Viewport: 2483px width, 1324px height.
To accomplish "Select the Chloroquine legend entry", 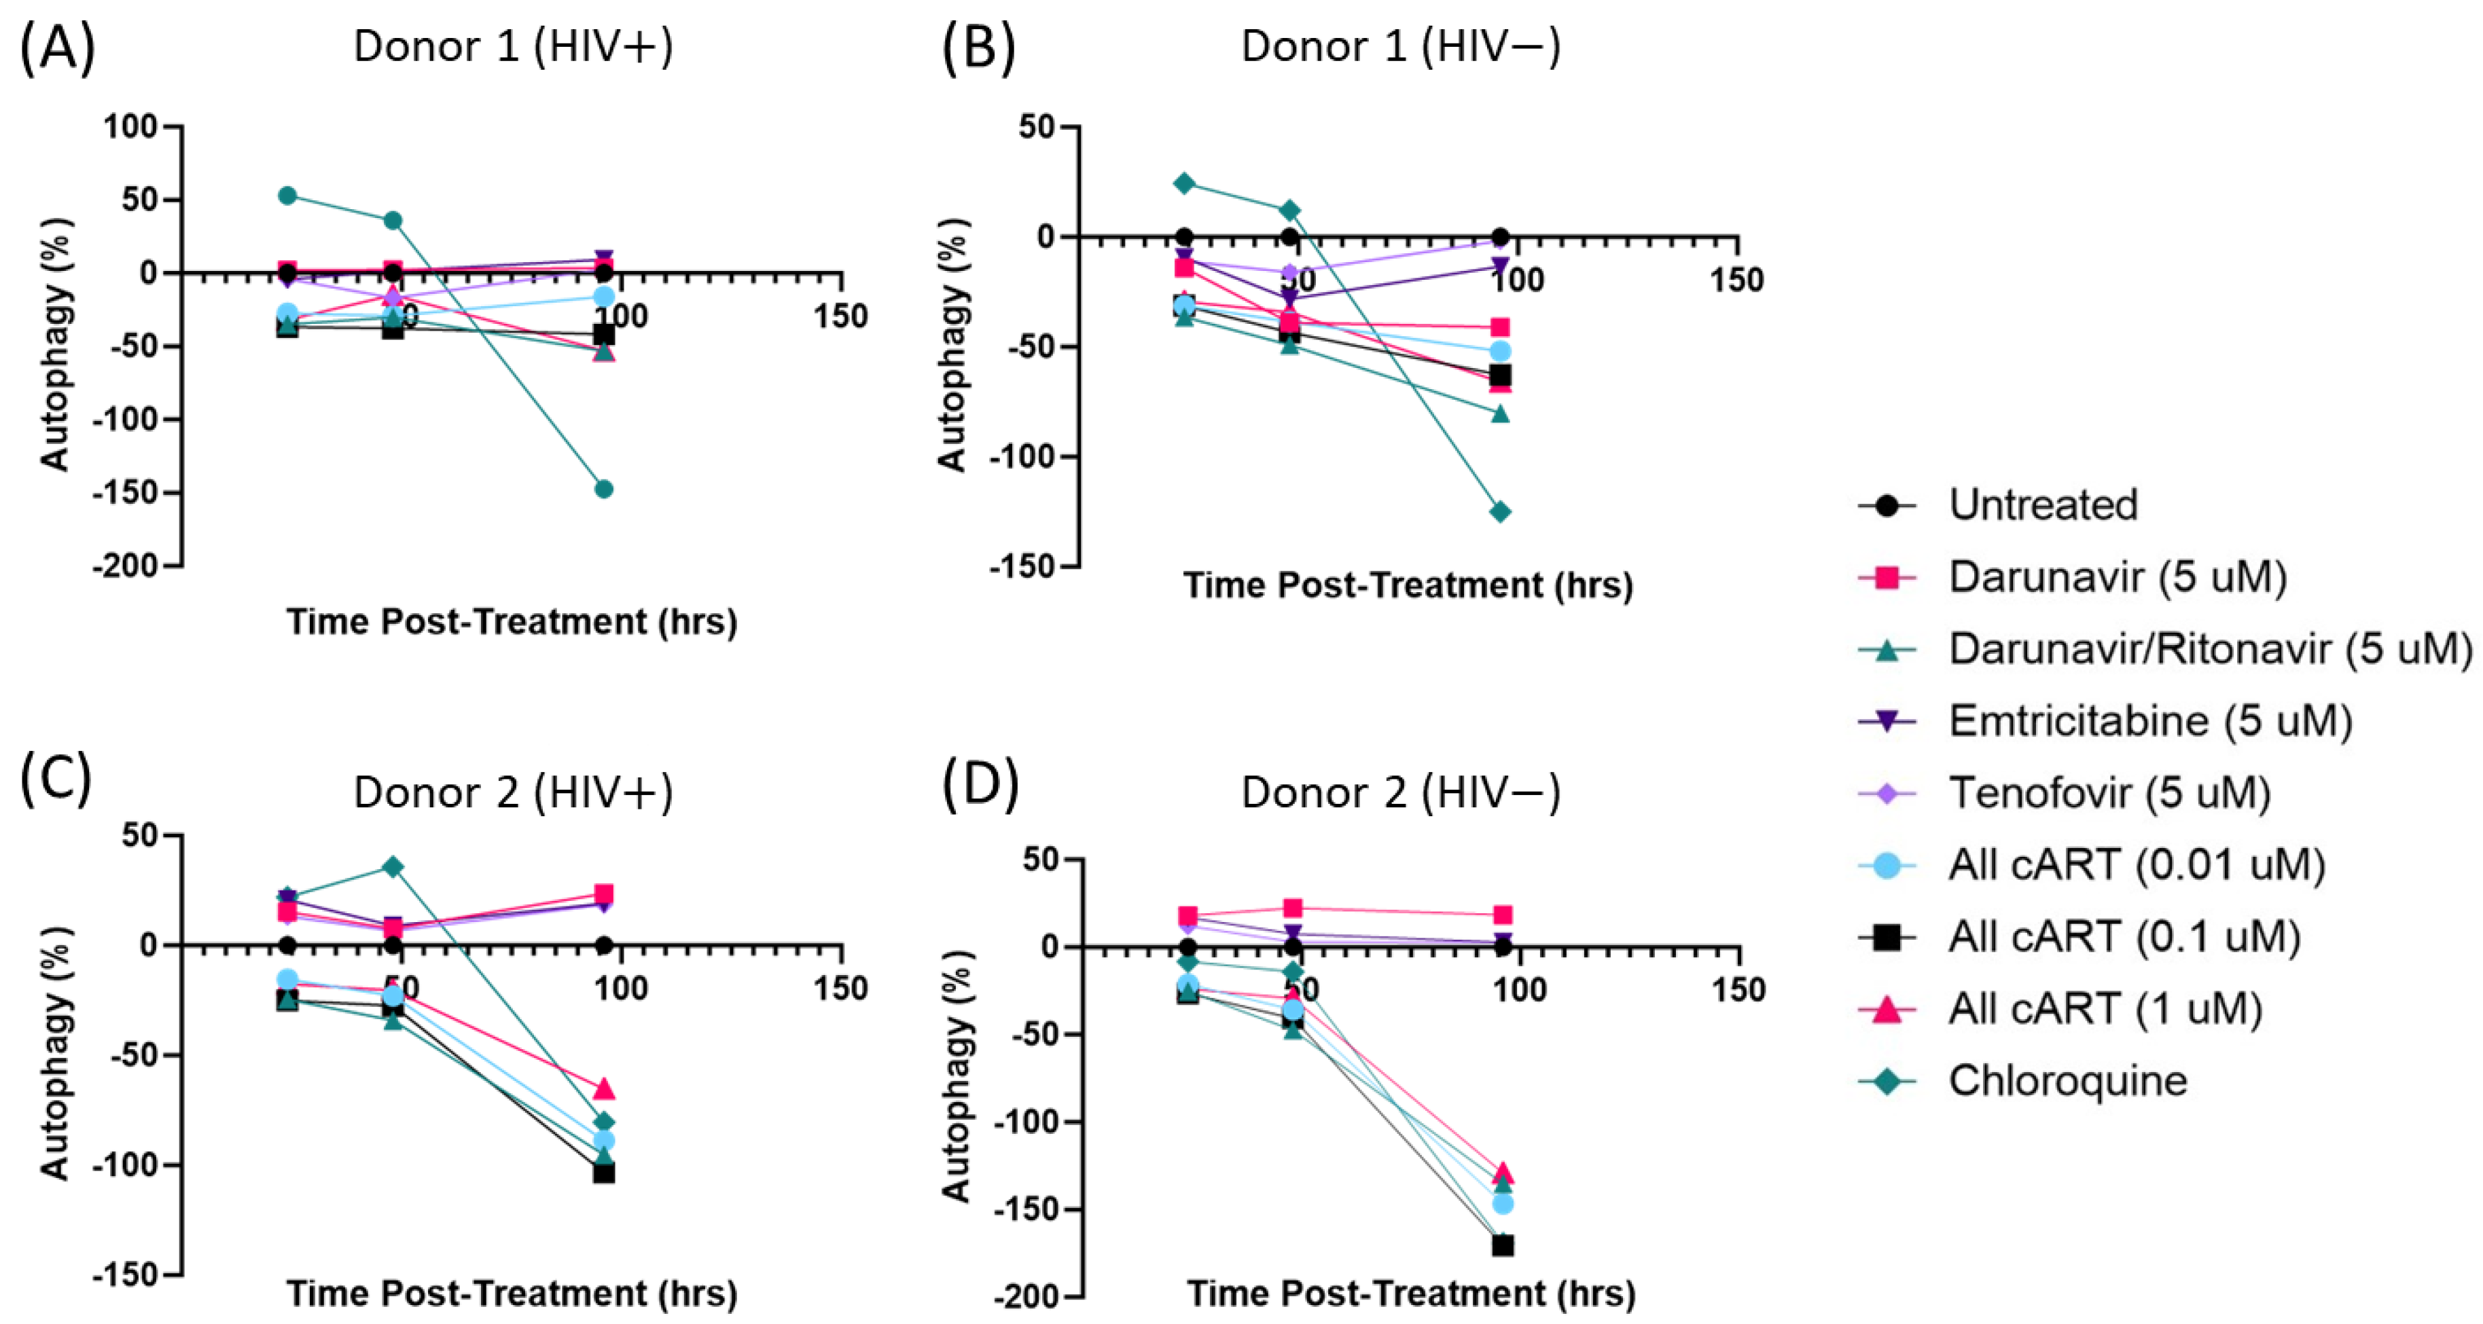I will click(x=2067, y=1081).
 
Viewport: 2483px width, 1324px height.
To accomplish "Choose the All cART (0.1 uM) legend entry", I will click(x=2124, y=936).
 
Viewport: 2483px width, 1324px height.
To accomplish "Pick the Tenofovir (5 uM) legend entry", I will click(x=2109, y=793).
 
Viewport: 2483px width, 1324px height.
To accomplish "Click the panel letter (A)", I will click(x=58, y=48).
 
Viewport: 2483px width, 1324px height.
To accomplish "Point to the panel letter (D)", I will click(x=980, y=782).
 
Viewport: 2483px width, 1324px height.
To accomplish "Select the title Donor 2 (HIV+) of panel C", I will click(x=513, y=792).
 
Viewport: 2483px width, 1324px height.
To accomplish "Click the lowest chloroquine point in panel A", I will click(x=603, y=489).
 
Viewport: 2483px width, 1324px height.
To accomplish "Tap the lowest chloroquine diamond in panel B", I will click(x=1500, y=512).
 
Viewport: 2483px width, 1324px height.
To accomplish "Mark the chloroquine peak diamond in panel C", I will click(x=392, y=867).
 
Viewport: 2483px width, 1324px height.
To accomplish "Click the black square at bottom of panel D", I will click(x=1502, y=1246).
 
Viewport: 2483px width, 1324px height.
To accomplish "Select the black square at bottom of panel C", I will click(x=603, y=1173).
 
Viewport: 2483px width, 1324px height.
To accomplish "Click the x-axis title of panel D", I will click(x=1410, y=1293).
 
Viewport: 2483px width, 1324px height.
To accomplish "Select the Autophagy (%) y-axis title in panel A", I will click(x=56, y=345).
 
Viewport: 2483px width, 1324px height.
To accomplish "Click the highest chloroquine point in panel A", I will click(x=287, y=196).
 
